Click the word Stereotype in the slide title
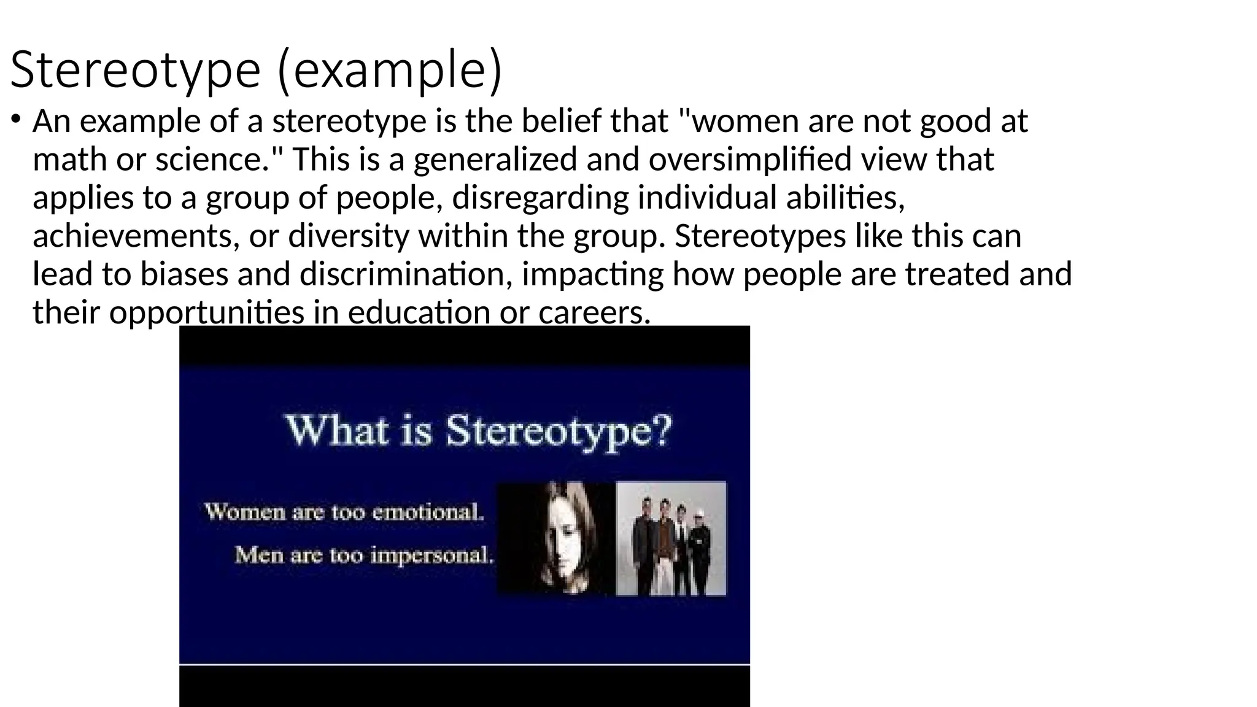click(x=135, y=70)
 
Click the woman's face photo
click(x=555, y=538)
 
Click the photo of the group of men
click(x=671, y=538)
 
